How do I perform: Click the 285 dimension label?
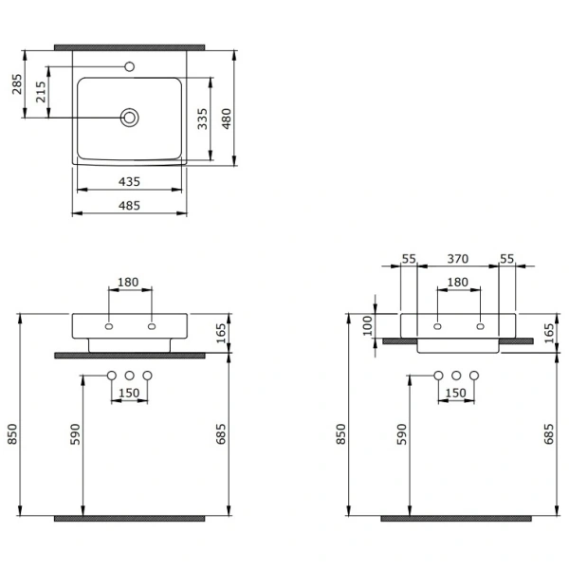tap(17, 84)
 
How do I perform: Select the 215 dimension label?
tap(41, 92)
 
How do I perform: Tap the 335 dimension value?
tap(203, 119)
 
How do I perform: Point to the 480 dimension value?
tap(227, 119)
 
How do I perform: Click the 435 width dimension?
tap(129, 181)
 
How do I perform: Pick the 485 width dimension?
tap(129, 206)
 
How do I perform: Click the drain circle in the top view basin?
tap(129, 118)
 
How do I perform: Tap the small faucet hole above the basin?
tap(129, 66)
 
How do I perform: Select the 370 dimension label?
tap(458, 259)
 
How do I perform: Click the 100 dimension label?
tap(368, 325)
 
